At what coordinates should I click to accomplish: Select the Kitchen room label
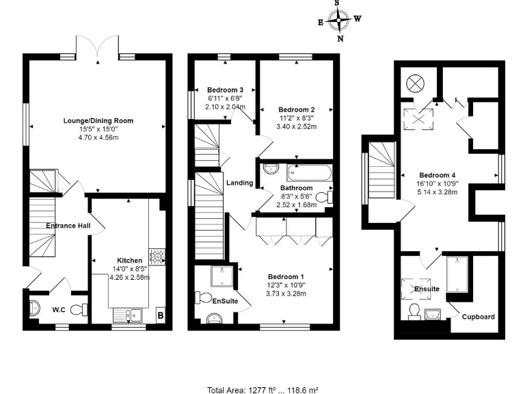click(x=129, y=261)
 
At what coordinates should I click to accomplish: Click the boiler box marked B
click(x=160, y=315)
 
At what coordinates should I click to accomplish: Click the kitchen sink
click(x=126, y=315)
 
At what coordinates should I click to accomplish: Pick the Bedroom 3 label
click(x=225, y=90)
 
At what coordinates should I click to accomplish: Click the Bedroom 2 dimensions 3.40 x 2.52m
click(x=296, y=126)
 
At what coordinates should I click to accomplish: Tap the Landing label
click(x=240, y=183)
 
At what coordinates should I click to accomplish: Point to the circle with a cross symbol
click(x=416, y=83)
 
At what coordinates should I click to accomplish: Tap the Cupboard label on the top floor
click(x=479, y=317)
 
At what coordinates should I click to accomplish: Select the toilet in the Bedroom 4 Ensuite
click(x=414, y=311)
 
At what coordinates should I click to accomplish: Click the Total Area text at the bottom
click(x=262, y=389)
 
